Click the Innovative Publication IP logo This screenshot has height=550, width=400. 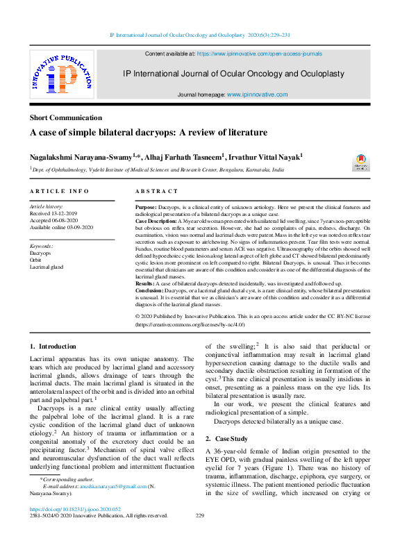click(61, 74)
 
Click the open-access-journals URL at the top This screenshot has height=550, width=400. click(260, 53)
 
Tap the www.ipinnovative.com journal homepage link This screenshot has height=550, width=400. click(254, 94)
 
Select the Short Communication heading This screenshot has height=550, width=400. click(65, 117)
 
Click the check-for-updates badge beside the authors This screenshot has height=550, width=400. click(362, 162)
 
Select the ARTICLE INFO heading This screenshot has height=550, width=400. click(59, 190)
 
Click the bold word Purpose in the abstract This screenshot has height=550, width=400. click(147, 208)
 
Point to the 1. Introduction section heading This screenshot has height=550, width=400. click(53, 346)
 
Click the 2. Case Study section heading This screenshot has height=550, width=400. click(227, 440)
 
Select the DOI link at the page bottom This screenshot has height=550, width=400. click(72, 508)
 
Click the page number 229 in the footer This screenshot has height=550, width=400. click(200, 515)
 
